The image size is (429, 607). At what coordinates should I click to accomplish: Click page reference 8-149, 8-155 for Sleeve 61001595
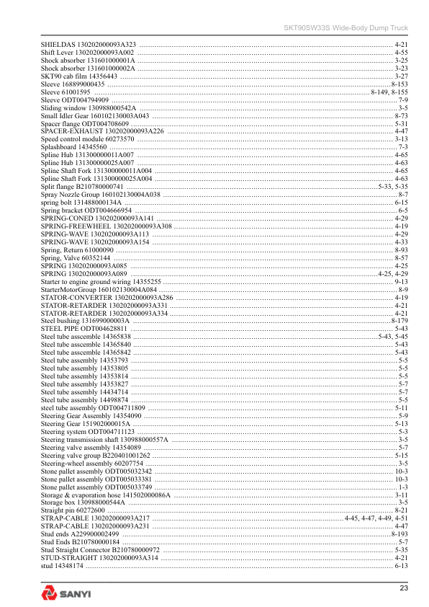tap(389, 92)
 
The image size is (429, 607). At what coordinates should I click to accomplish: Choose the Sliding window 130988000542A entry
tap(89, 107)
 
